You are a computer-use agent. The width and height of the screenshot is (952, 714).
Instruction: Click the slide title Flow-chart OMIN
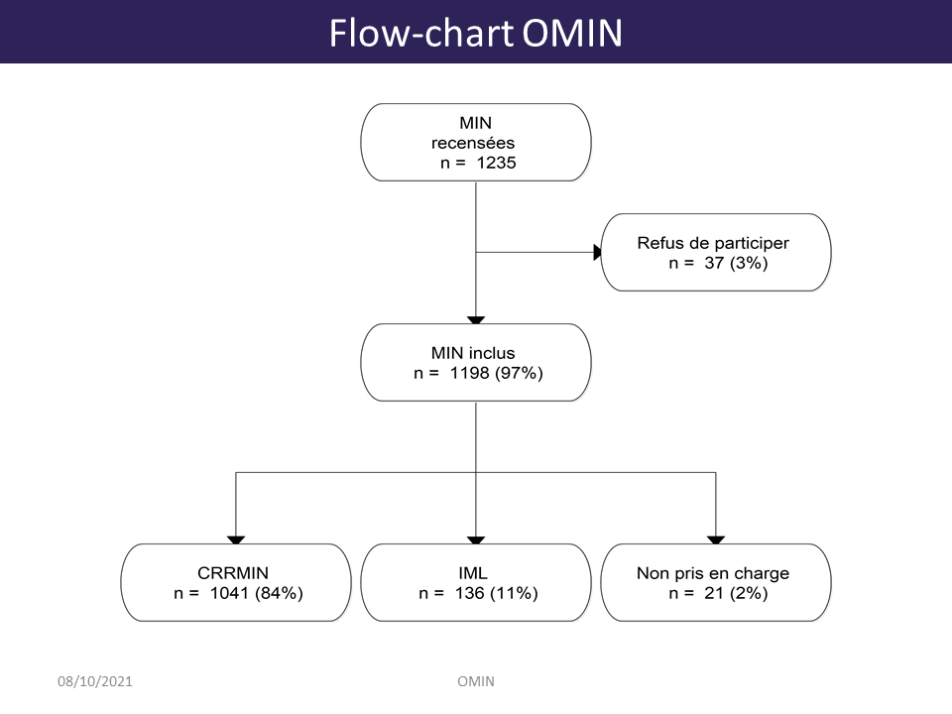tap(475, 33)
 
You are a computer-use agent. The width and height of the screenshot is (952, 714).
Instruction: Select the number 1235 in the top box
tap(496, 163)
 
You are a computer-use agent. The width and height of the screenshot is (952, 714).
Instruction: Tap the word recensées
tap(473, 143)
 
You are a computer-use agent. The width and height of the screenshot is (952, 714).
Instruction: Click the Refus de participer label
tap(713, 244)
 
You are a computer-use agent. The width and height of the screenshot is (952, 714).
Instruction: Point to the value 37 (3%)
tap(736, 263)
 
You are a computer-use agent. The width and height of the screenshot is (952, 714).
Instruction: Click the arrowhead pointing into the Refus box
tap(597, 253)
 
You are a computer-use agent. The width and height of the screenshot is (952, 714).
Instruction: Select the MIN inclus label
tap(473, 353)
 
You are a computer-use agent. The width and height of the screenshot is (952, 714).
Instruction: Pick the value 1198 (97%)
tap(496, 373)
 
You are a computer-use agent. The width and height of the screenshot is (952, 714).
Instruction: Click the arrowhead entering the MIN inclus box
tap(476, 320)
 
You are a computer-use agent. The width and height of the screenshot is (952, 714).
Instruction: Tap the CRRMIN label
tap(232, 573)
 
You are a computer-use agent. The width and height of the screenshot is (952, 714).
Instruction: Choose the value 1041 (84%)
tap(256, 593)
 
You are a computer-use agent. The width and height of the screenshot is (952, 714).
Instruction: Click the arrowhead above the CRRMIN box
tap(236, 540)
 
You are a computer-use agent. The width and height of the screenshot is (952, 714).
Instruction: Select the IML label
tap(473, 573)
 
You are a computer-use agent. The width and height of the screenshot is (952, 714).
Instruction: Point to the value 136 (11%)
tap(497, 593)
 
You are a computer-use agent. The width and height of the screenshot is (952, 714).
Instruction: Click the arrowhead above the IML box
tap(476, 540)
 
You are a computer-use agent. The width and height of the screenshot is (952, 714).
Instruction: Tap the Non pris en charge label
tap(713, 574)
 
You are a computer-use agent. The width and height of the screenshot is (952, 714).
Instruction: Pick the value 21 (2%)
tap(736, 593)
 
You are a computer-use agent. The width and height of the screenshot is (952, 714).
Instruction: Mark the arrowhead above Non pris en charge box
tap(716, 540)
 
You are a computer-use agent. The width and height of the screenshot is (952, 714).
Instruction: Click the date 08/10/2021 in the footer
tap(95, 681)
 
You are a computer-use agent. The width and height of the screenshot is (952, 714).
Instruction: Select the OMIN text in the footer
tap(476, 681)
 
